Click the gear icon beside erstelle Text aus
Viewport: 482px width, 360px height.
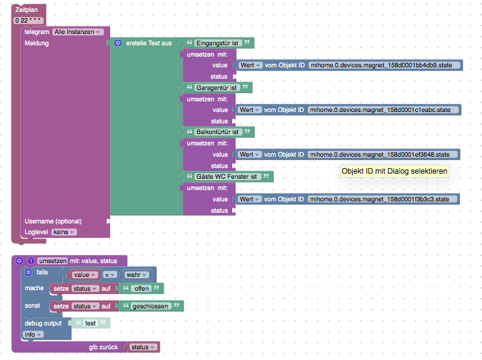(x=118, y=43)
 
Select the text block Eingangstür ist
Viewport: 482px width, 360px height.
(x=218, y=43)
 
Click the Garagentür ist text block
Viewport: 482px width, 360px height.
(x=216, y=87)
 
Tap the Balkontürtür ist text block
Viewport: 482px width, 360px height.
(x=218, y=132)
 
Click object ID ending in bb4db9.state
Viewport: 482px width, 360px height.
(x=384, y=65)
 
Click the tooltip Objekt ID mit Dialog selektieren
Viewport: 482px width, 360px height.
(x=394, y=171)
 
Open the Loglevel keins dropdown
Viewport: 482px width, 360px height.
(x=64, y=232)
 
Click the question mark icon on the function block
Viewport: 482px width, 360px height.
(x=30, y=261)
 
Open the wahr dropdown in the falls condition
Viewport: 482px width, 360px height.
(x=137, y=275)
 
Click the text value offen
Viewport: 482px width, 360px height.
(x=142, y=288)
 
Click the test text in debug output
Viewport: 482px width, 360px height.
(x=90, y=323)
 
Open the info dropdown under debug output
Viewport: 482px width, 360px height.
(x=32, y=334)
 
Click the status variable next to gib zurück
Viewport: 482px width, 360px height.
(x=143, y=347)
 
